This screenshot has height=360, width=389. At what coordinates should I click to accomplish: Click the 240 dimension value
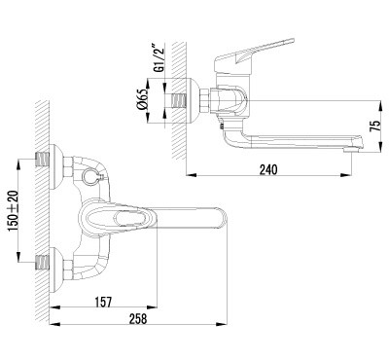pos(268,169)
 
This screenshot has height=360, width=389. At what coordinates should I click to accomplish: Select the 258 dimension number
pos(138,319)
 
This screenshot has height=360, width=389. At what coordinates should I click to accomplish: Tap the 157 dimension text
pos(103,302)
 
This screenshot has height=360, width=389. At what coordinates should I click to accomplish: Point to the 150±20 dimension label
pos(14,211)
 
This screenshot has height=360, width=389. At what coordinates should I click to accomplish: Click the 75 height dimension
pos(374,126)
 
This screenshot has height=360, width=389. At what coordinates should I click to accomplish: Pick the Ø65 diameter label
pos(142,100)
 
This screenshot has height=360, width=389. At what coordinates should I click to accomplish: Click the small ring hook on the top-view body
pos(89,176)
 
